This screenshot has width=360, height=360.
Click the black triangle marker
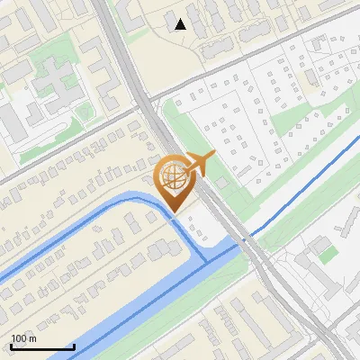click(x=181, y=24)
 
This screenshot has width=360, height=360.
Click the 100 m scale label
click(x=23, y=338)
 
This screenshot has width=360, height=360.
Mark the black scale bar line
click(x=42, y=346)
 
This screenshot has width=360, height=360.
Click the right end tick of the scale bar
click(x=74, y=345)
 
